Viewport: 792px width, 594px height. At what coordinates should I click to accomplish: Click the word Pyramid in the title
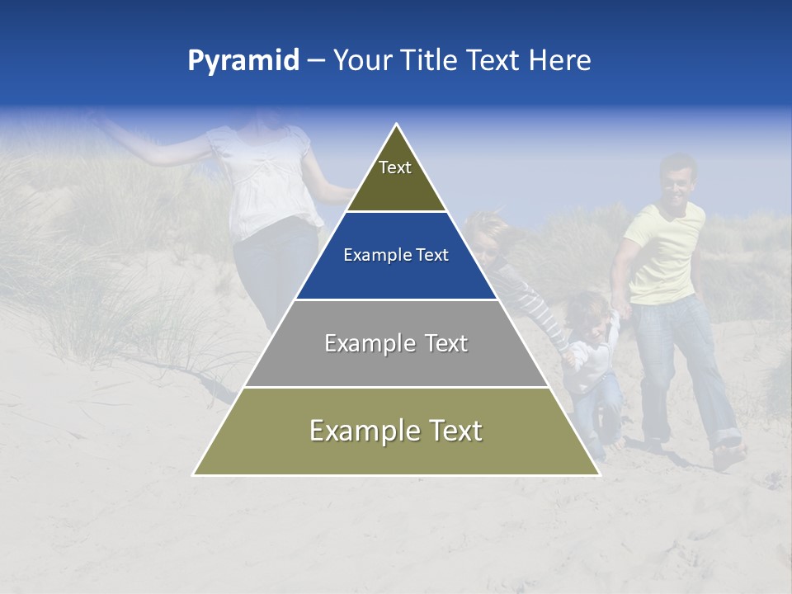click(x=243, y=61)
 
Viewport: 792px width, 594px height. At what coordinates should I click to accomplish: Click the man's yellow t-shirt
click(x=664, y=252)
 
